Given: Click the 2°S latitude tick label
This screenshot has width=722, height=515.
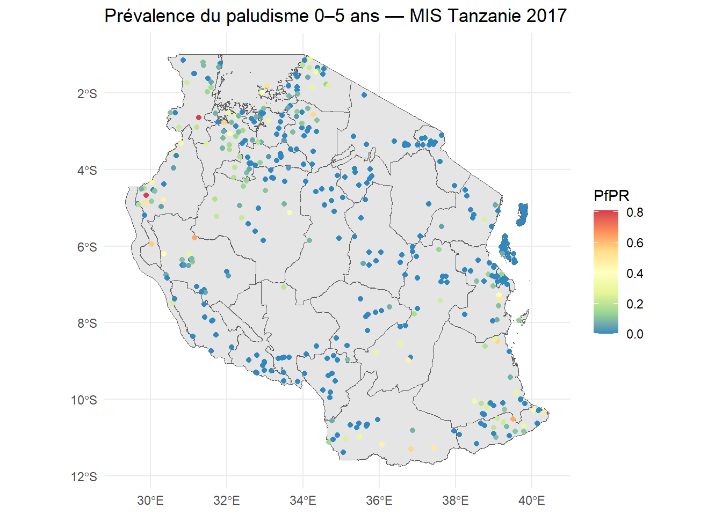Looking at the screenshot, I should pyautogui.click(x=87, y=94).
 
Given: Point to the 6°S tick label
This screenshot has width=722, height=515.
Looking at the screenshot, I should pyautogui.click(x=87, y=247).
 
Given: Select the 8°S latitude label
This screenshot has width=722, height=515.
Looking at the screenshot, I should pyautogui.click(x=87, y=323).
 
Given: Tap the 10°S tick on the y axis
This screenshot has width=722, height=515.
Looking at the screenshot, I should pyautogui.click(x=84, y=400).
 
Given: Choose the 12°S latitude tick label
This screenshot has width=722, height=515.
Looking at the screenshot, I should pyautogui.click(x=84, y=477).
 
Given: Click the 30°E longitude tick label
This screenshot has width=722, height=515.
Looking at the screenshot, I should pyautogui.click(x=150, y=501).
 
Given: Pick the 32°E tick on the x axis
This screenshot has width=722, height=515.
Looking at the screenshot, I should pyautogui.click(x=227, y=501).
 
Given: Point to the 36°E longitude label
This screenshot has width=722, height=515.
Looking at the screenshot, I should pyautogui.click(x=379, y=501).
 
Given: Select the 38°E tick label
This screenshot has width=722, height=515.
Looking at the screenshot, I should pyautogui.click(x=456, y=501).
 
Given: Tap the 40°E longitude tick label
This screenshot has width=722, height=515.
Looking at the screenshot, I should pyautogui.click(x=532, y=501).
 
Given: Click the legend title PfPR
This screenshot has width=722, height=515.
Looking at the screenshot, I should pyautogui.click(x=611, y=196).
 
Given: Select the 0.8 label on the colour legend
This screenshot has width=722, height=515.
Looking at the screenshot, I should pyautogui.click(x=634, y=212).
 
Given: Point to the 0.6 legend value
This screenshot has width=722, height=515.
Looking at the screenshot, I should pyautogui.click(x=634, y=243).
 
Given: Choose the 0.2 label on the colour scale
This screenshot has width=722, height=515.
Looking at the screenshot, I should pyautogui.click(x=634, y=304).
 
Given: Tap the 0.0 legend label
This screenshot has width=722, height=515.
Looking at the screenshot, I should pyautogui.click(x=634, y=334).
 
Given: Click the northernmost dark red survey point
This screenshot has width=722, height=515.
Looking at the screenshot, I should pyautogui.click(x=199, y=117).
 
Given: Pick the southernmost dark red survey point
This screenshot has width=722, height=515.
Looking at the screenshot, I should pyautogui.click(x=146, y=195).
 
